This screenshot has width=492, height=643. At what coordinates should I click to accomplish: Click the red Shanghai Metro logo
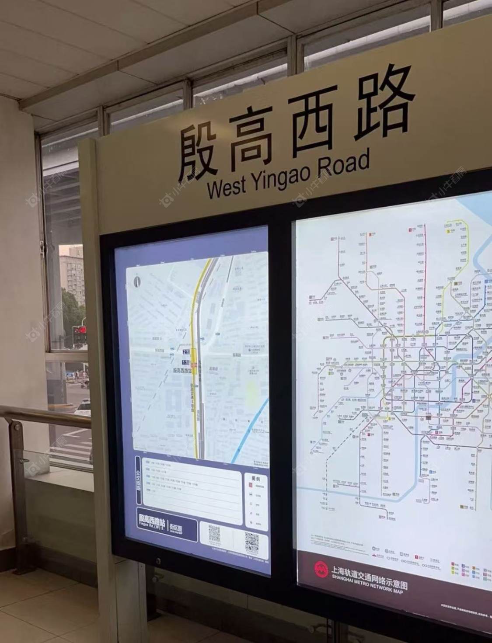[x=321, y=569]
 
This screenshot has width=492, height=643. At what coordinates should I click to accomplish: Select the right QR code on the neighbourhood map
[x=251, y=542]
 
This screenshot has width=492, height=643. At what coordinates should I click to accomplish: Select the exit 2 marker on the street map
[x=185, y=351]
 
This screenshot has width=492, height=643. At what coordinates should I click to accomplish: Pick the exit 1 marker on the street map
[x=185, y=362]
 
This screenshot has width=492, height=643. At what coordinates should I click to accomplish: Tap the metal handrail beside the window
[x=44, y=414]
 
